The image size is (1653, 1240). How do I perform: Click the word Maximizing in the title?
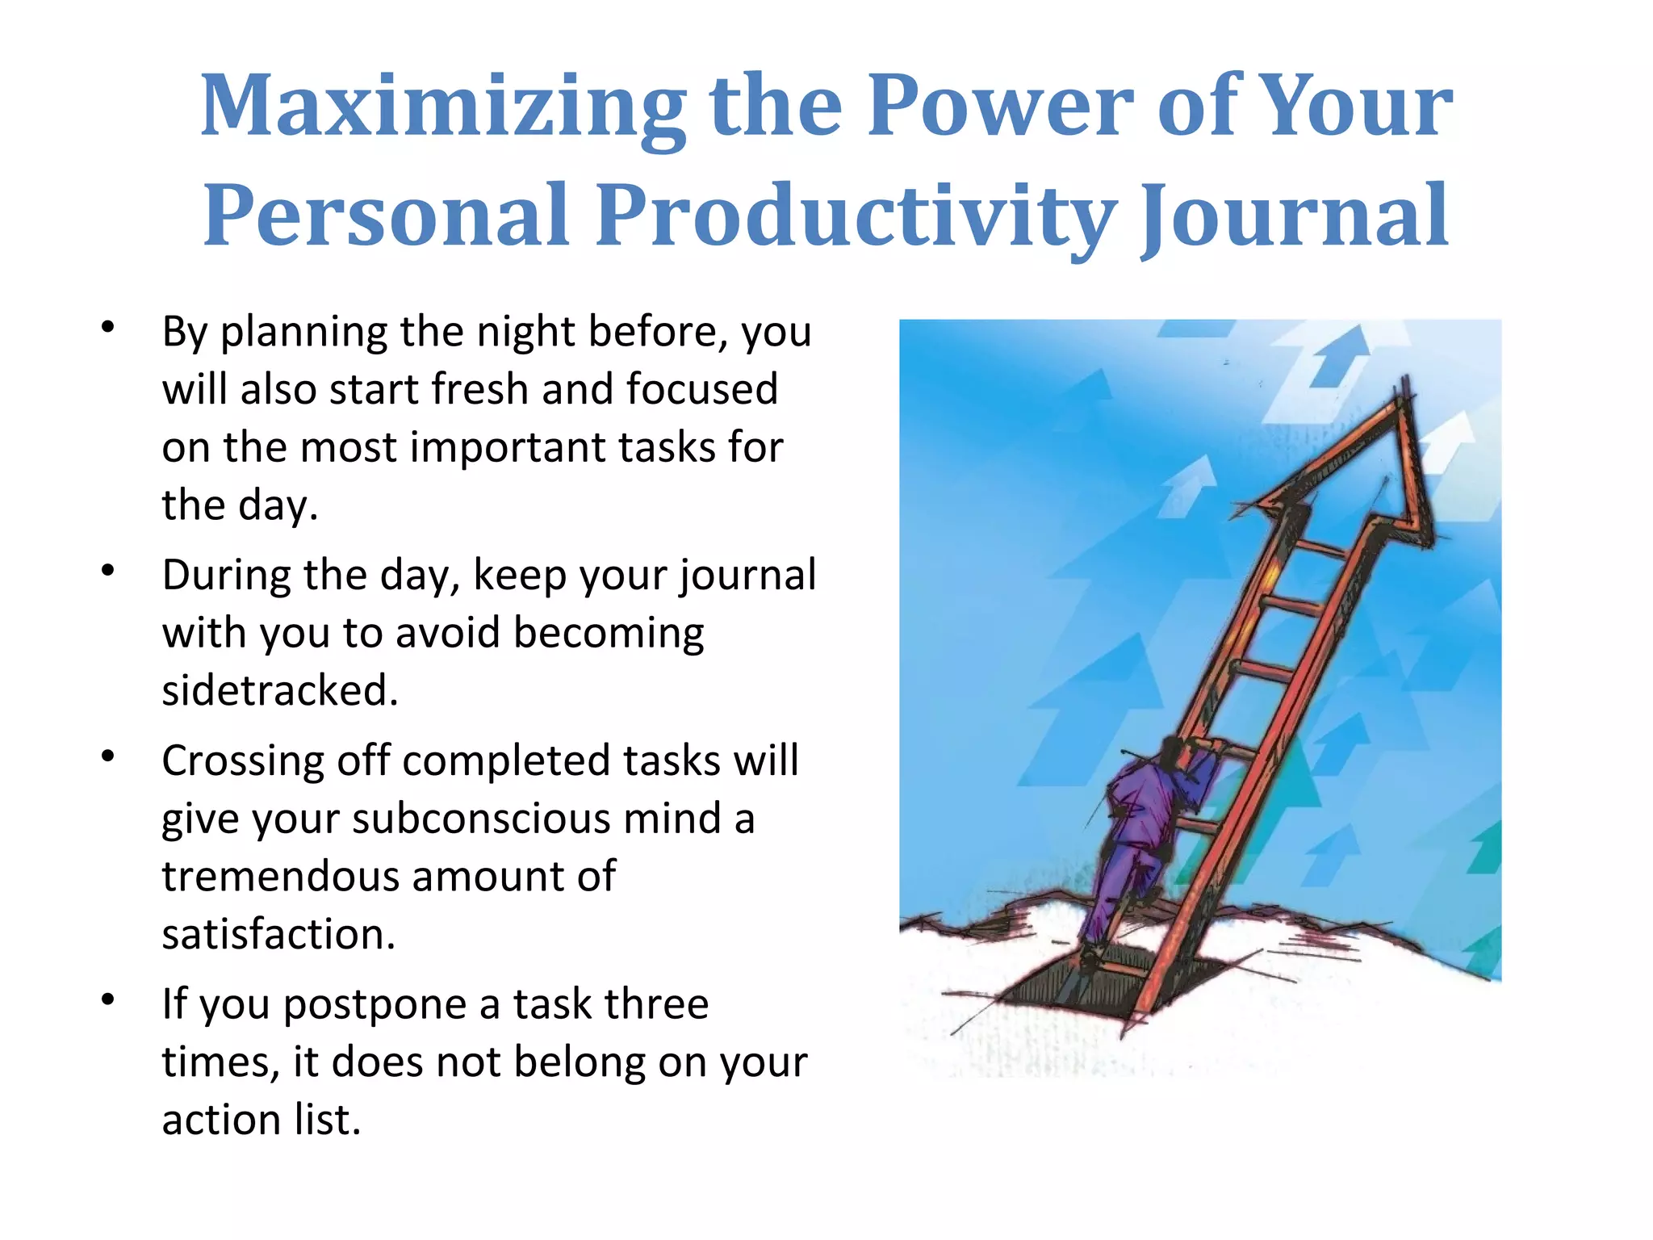pyautogui.click(x=442, y=107)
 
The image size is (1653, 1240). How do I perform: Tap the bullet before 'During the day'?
pyautogui.click(x=108, y=571)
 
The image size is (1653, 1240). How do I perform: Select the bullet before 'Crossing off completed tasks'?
pyautogui.click(x=108, y=756)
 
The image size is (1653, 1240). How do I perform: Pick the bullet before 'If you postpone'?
pyautogui.click(x=108, y=1000)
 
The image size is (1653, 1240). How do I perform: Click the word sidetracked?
pyautogui.click(x=280, y=691)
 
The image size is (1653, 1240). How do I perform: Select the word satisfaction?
pyautogui.click(x=278, y=935)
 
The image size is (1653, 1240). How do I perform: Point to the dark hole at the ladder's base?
pyautogui.click(x=1073, y=985)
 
